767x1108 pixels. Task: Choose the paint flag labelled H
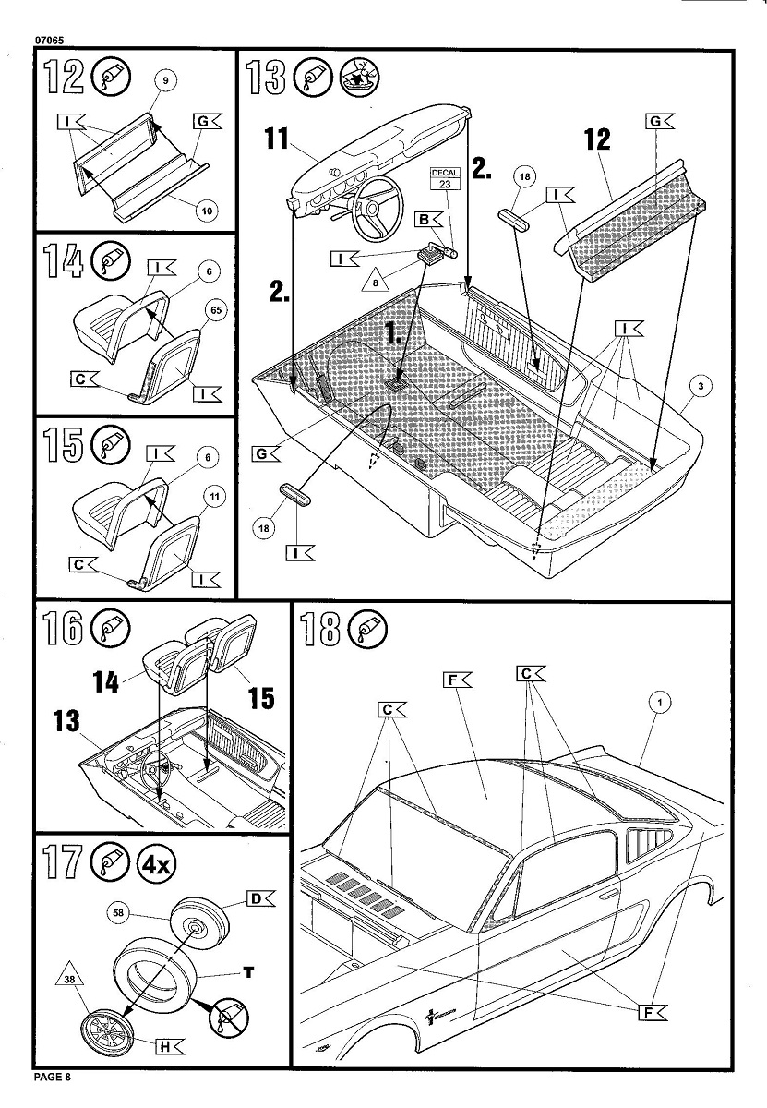[x=171, y=1045]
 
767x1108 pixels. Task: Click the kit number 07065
[x=51, y=40]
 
